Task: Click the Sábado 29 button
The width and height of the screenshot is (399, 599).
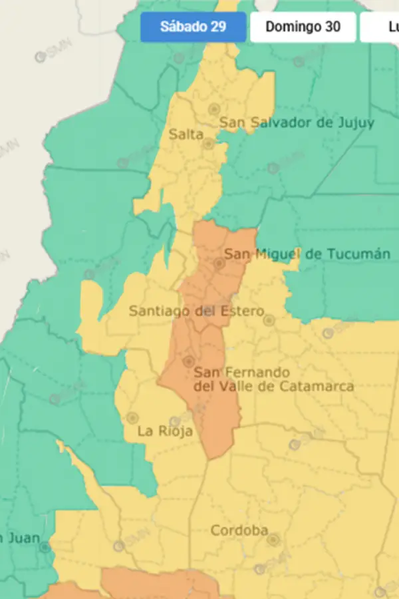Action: tap(193, 27)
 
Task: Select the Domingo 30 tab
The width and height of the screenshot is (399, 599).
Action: tap(303, 27)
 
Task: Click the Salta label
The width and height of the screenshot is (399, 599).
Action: tap(186, 134)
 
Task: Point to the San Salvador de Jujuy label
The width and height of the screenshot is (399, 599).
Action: tap(297, 122)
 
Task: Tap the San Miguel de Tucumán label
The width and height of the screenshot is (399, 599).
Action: tap(307, 254)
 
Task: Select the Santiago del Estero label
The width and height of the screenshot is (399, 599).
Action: tap(196, 311)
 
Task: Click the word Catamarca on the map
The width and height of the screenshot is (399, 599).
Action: tap(317, 387)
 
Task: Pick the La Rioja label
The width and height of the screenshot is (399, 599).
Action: tap(165, 431)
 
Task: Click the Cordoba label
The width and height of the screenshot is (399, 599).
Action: tap(239, 530)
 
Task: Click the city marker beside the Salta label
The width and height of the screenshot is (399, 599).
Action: tap(208, 143)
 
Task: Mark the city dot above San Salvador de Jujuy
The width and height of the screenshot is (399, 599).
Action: tap(214, 108)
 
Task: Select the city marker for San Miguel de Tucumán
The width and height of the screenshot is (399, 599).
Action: tap(219, 264)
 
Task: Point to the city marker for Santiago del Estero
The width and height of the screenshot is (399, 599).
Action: tap(269, 320)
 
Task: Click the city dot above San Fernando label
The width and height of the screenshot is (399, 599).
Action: tap(189, 361)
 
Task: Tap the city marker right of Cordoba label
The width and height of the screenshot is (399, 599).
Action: tap(273, 539)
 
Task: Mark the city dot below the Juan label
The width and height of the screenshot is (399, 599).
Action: tap(45, 548)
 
